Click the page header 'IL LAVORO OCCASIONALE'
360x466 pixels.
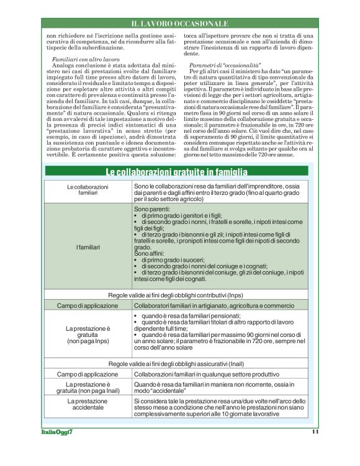tap(180, 24)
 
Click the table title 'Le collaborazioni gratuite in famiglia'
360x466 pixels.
tap(176, 172)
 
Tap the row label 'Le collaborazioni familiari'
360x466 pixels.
tap(88, 190)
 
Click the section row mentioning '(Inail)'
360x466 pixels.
tap(176, 363)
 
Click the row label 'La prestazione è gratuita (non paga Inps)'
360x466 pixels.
tap(88, 334)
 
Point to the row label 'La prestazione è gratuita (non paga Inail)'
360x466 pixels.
tap(88, 388)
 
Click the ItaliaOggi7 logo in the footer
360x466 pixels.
tap(57, 431)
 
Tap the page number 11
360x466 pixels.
tap(314, 431)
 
